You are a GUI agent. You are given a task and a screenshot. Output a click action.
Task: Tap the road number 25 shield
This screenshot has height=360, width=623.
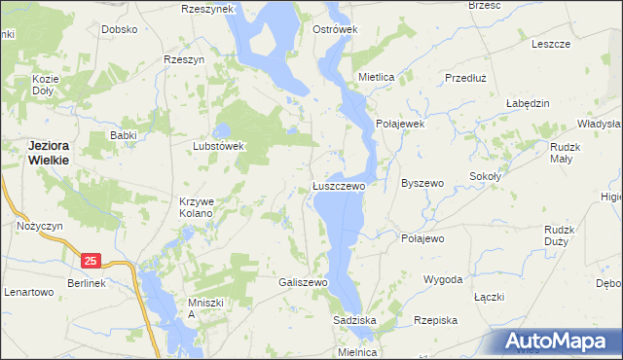(x=91, y=261)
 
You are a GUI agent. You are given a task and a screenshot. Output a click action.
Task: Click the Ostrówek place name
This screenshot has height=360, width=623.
(x=335, y=29)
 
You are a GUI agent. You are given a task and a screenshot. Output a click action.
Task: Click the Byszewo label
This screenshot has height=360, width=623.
(x=422, y=183)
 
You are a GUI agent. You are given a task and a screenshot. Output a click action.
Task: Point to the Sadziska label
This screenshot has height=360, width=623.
(x=354, y=320)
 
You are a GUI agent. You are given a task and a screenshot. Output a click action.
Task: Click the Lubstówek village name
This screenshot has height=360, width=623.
(x=217, y=146)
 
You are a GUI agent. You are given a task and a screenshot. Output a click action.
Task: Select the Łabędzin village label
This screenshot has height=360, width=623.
(x=529, y=103)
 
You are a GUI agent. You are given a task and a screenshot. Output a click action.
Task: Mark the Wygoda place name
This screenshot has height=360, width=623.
(x=442, y=279)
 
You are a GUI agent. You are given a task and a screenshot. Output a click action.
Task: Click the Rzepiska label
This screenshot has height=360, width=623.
(x=435, y=320)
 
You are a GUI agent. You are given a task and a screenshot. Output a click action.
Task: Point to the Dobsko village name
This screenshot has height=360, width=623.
(x=119, y=29)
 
